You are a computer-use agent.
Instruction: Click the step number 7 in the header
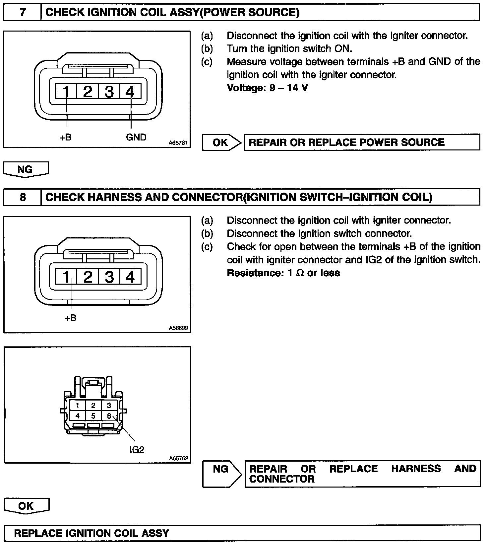tap(22, 13)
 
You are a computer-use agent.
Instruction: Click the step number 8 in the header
tap(22, 197)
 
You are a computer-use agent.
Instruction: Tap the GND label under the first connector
tap(136, 137)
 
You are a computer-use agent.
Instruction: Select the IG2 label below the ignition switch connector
tap(137, 450)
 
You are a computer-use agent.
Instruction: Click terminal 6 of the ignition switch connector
tap(109, 416)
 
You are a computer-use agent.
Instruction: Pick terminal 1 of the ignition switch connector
tap(78, 405)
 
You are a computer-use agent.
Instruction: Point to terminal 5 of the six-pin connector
tap(93, 416)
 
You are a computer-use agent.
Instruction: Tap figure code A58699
tap(178, 328)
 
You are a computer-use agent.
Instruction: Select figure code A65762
tap(178, 459)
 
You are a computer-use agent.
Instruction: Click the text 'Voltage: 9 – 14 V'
tap(267, 88)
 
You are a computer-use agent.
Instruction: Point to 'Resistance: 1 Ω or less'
tap(283, 273)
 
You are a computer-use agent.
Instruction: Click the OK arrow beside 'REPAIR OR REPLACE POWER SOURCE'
tap(221, 142)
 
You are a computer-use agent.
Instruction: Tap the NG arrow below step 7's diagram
tap(26, 169)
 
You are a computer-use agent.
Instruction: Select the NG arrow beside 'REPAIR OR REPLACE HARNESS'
tap(221, 470)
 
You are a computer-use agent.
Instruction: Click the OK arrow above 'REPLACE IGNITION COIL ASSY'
tap(26, 506)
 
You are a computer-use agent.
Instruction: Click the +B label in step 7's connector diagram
tap(66, 137)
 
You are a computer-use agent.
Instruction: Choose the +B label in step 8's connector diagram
tap(71, 318)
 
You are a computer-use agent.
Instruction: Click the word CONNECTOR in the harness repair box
tap(282, 479)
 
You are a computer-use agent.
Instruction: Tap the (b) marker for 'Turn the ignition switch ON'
tap(207, 49)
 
